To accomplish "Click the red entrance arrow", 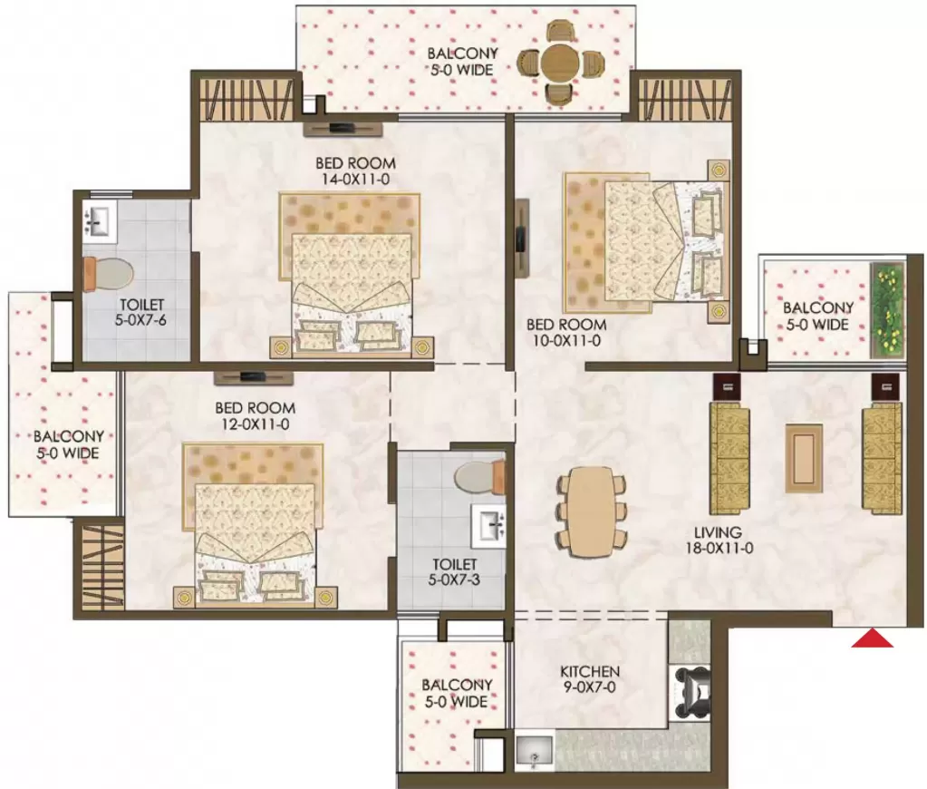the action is tap(872, 638).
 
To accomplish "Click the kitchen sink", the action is tap(534, 751).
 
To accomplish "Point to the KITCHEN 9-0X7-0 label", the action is tap(590, 679).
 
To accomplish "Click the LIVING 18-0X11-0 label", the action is tap(719, 540).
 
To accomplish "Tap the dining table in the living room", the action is tap(591, 512).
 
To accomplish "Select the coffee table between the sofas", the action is tap(804, 458).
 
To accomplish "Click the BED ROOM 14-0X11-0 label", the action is tap(355, 171).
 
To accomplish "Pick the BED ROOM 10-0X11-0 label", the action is tap(565, 332).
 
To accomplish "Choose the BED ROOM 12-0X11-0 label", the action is tap(255, 415).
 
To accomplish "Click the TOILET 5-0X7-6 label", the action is tap(141, 313).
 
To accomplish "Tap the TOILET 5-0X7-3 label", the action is tap(454, 571).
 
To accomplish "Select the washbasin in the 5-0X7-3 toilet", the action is tap(488, 526).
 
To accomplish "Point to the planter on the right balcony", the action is tap(887, 310).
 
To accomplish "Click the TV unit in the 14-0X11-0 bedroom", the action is tap(343, 129).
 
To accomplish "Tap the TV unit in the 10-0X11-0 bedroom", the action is tap(521, 238).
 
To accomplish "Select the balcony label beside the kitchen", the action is tap(457, 693).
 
